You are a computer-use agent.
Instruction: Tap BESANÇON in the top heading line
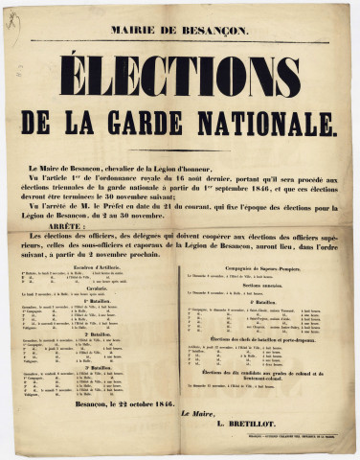pos(212,30)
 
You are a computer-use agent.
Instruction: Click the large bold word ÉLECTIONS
pos(180,77)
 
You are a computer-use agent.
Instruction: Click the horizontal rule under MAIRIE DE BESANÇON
pos(180,40)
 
